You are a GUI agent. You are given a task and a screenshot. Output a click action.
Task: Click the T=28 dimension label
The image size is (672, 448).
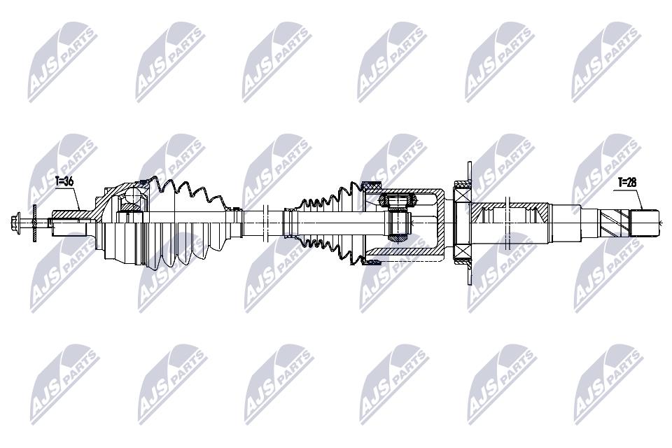(628, 182)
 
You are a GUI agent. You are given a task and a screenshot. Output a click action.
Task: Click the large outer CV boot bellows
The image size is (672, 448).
(188, 222)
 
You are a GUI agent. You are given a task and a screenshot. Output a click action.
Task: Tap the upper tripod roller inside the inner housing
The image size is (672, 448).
(398, 200)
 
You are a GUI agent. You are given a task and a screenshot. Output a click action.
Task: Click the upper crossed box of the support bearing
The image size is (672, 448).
(462, 195)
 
